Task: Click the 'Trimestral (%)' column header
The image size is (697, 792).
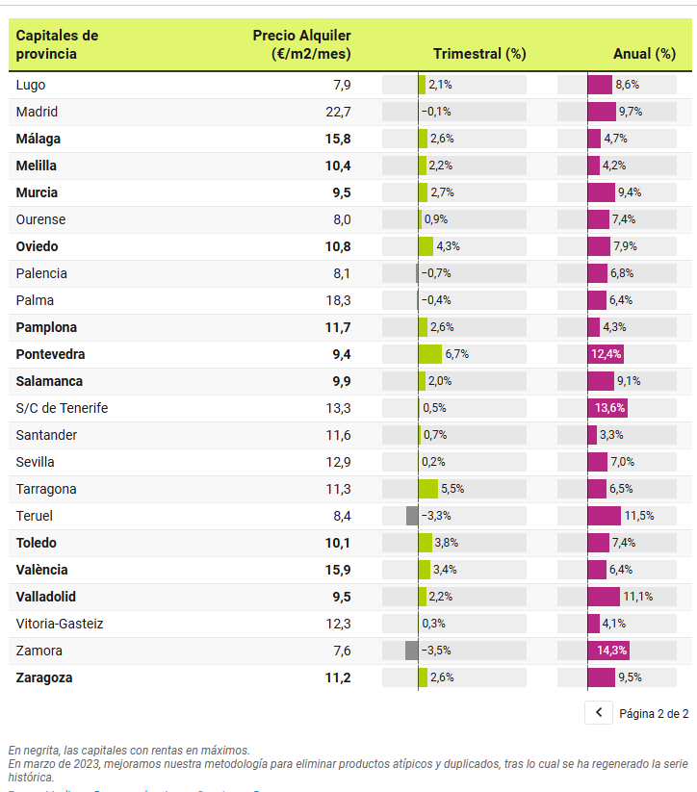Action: click(479, 54)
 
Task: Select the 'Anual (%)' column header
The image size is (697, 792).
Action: click(644, 54)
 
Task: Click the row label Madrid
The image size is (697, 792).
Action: click(37, 112)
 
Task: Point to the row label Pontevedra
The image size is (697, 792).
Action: click(50, 354)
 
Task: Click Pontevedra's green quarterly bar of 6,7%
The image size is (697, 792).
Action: click(430, 354)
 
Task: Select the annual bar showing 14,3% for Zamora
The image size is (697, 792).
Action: click(607, 651)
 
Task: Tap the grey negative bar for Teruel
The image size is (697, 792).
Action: click(412, 516)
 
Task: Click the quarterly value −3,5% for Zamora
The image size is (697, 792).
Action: click(436, 651)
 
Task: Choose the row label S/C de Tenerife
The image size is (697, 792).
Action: click(62, 408)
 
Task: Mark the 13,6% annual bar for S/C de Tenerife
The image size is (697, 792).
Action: click(607, 408)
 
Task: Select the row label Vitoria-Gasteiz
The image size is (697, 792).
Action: click(60, 624)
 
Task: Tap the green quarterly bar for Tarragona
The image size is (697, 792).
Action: click(428, 489)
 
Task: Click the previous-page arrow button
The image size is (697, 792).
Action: click(598, 713)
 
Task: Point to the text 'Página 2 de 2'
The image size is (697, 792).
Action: click(654, 714)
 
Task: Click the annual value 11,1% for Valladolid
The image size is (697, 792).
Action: click(637, 597)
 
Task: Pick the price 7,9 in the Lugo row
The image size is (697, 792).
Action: click(343, 85)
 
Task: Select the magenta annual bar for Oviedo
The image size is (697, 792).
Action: click(599, 246)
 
